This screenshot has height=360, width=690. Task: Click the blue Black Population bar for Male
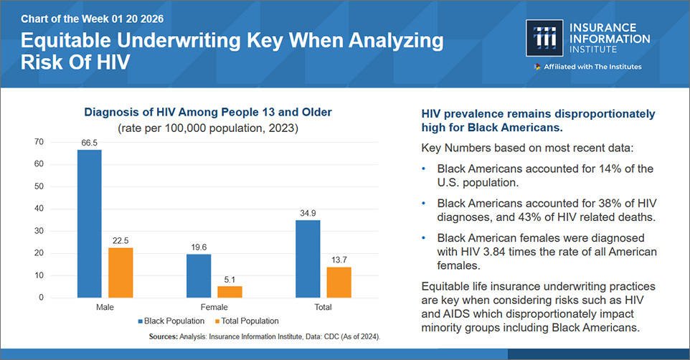pyautogui.click(x=89, y=223)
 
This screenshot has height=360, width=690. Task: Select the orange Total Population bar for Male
pyautogui.click(x=120, y=272)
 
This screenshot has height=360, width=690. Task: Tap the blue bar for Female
pyautogui.click(x=199, y=275)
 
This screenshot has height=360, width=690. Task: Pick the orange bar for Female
pyautogui.click(x=230, y=291)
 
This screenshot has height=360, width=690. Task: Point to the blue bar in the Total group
pyautogui.click(x=308, y=258)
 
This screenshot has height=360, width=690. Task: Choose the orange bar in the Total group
pyautogui.click(x=339, y=282)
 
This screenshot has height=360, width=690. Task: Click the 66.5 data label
pyautogui.click(x=89, y=143)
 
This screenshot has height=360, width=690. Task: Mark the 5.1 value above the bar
pyautogui.click(x=230, y=280)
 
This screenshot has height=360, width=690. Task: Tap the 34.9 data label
pyautogui.click(x=308, y=214)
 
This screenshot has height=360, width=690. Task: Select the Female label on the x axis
pyautogui.click(x=214, y=307)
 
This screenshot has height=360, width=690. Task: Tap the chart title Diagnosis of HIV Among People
pyautogui.click(x=209, y=113)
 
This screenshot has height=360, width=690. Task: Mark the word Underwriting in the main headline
pyautogui.click(x=178, y=41)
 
